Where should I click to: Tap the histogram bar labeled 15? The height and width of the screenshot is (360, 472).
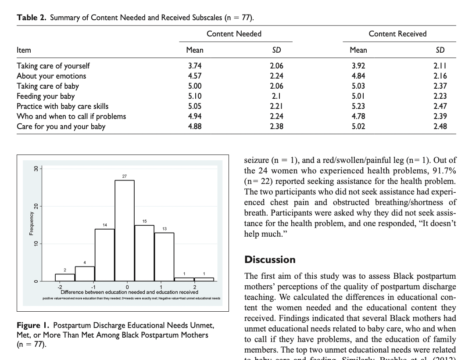pos(144,253)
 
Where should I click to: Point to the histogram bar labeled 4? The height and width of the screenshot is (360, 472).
pos(85,274)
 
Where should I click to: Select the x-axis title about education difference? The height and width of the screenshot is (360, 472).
pos(129,292)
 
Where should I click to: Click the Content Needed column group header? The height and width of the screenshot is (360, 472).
pos(234,34)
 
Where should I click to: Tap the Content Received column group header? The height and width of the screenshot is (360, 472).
pos(397,34)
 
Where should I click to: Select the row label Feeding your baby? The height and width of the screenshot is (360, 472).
pos(46,96)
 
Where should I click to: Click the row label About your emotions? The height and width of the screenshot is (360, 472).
pos(51,76)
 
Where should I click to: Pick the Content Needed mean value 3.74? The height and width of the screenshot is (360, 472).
pos(194,66)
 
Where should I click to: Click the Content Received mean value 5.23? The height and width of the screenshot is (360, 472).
pos(358,106)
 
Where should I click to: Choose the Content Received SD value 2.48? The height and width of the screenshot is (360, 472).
pos(440,126)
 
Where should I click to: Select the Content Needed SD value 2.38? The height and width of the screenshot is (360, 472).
pos(276,126)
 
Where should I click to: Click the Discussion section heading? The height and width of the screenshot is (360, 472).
pos(270,259)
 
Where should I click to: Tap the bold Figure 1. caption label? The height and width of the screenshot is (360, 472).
pos(35,325)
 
